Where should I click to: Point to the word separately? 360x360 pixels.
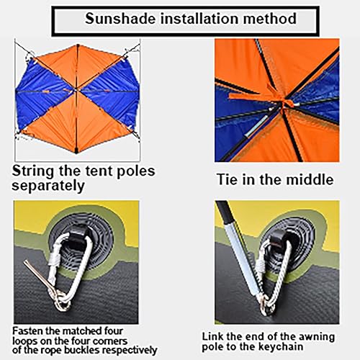(x=48, y=186)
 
